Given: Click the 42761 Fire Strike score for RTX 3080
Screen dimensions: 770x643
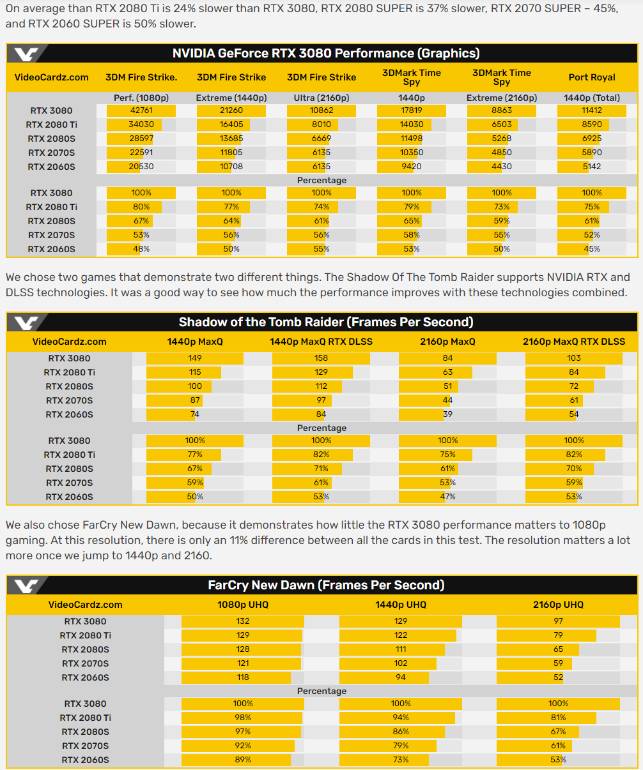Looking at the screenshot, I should tap(141, 110).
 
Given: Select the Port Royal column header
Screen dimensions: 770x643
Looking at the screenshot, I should tap(592, 77).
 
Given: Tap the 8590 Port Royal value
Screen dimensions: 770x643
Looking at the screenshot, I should tap(592, 125).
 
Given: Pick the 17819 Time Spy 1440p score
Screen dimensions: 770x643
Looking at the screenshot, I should tap(412, 110).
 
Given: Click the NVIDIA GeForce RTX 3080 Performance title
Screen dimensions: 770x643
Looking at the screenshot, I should tap(326, 53).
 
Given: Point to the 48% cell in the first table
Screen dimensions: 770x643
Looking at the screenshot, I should tap(141, 249).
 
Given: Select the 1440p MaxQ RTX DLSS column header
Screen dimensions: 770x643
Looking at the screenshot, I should tap(321, 342).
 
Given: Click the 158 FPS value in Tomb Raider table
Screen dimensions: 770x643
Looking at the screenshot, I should tap(321, 358).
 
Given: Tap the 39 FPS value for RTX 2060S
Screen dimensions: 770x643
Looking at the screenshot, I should tap(447, 414).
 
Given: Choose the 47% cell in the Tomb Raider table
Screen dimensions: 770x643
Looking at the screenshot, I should tap(447, 497).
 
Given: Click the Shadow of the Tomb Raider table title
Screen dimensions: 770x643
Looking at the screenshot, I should tap(326, 322).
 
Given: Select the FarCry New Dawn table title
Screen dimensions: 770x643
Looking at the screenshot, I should tap(326, 585).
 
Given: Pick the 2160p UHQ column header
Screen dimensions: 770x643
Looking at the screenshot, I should tap(558, 605).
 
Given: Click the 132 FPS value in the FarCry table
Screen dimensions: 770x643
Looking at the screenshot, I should tap(243, 621).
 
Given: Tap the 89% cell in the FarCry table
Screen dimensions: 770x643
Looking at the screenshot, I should tap(243, 760).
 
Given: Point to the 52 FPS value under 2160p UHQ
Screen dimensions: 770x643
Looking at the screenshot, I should tap(558, 677).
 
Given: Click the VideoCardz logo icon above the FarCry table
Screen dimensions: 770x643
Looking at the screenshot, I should tap(27, 585).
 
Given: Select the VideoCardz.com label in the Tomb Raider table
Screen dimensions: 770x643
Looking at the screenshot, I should tap(70, 342).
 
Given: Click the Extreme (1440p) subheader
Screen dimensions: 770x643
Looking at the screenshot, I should tap(231, 98).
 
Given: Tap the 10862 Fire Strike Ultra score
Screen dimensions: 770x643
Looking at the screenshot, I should tap(321, 110).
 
